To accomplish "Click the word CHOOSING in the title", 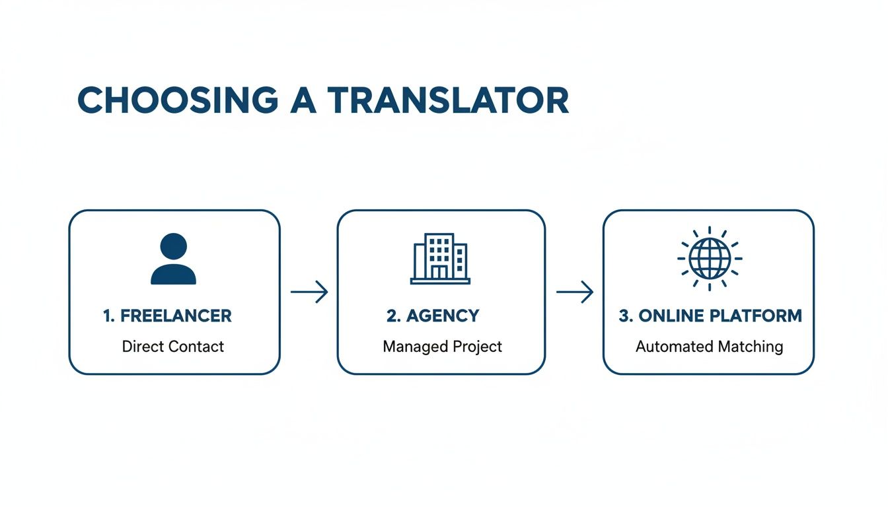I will (x=178, y=100).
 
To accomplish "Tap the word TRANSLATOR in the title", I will (x=448, y=100).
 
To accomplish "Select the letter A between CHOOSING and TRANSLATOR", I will (x=303, y=100).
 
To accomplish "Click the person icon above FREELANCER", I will (x=173, y=259).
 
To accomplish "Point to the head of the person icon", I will (x=173, y=246).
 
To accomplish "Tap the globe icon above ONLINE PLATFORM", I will (x=710, y=258).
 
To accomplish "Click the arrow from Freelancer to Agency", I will (x=309, y=292).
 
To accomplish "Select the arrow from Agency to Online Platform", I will (x=575, y=292).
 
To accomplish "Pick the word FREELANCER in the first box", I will (x=176, y=316).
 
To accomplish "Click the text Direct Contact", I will (x=173, y=346).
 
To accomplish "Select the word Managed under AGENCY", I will (x=414, y=346).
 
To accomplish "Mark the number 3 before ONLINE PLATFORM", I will (x=623, y=316).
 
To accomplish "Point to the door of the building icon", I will (x=439, y=272).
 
